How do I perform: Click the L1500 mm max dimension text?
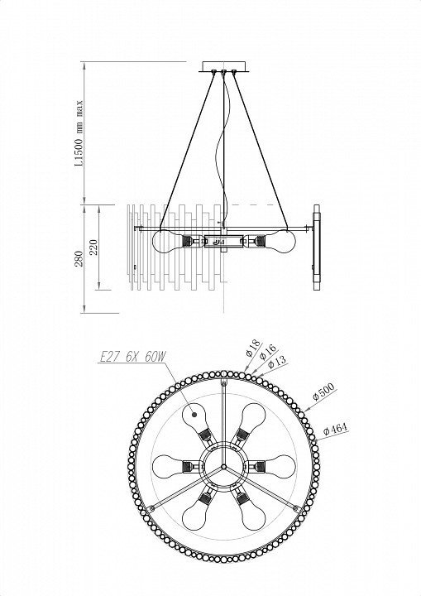pos(79,133)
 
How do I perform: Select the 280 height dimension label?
pos(79,258)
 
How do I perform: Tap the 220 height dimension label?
pos(94,247)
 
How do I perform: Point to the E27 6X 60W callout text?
pos(132,357)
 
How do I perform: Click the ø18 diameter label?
pos(253,347)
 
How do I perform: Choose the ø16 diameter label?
pos(268,352)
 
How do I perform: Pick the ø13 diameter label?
pos(277,363)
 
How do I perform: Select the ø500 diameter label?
pos(323,392)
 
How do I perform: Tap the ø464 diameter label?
pos(335,429)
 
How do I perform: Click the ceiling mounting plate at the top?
pos(224,66)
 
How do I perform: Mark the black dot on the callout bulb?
pos(194,415)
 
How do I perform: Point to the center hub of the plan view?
pos(224,466)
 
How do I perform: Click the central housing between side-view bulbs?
pos(224,241)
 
